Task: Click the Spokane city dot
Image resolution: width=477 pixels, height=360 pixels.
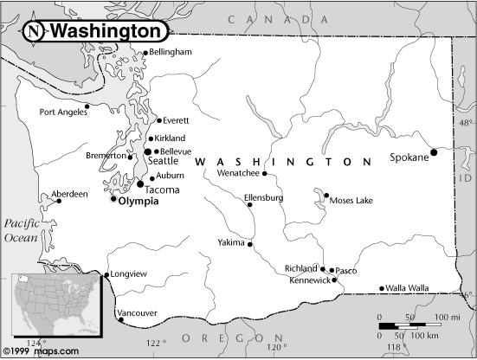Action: pos(433,152)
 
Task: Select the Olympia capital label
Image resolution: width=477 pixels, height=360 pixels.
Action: pos(138,200)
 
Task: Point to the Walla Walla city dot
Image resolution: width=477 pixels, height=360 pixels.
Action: pos(382,288)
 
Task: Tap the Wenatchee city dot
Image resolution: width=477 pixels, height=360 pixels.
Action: pos(265,174)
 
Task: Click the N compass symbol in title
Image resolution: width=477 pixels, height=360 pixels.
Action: pos(33,31)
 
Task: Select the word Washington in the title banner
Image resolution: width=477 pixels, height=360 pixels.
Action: pos(106,31)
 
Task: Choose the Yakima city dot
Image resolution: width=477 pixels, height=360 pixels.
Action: pos(251,244)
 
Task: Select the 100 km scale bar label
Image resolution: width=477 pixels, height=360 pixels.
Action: pos(422,334)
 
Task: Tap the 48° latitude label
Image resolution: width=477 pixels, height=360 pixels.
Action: pos(467,124)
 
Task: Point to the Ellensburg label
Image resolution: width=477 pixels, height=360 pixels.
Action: pos(264,197)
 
